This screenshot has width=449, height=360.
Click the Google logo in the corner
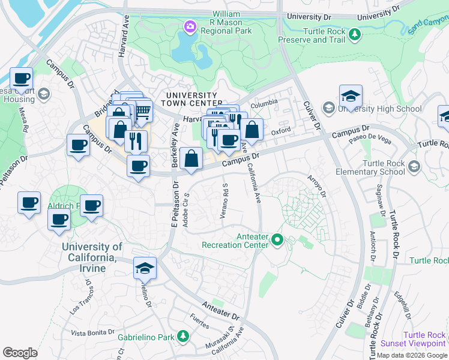pos(20,353)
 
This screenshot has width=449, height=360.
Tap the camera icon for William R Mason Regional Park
pos(190,26)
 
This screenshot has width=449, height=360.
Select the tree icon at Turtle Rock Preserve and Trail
pos(355,34)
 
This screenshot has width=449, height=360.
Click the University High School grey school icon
pos(328,109)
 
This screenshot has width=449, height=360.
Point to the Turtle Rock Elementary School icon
pos(414,166)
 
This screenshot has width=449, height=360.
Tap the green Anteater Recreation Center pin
pos(277,240)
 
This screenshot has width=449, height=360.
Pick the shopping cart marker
pos(142,111)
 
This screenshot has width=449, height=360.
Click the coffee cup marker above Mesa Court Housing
pos(21,79)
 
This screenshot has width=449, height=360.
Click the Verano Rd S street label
pos(225,201)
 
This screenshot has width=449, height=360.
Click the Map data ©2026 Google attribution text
pos(411,355)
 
